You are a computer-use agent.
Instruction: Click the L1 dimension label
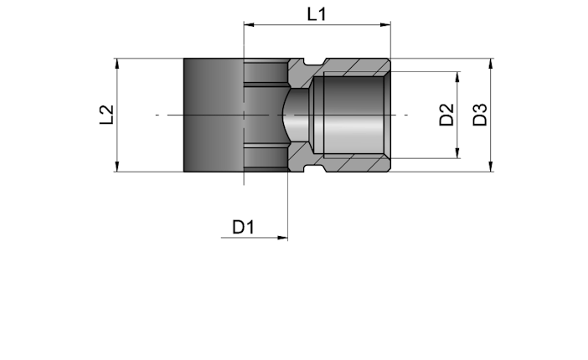pos(317,14)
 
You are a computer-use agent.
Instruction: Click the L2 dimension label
pos(106,115)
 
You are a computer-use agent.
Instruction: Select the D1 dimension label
pos(244,227)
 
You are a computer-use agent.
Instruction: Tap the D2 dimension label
pos(446,115)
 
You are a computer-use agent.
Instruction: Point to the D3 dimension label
pos(480,115)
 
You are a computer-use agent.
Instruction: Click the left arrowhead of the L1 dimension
pos(249,25)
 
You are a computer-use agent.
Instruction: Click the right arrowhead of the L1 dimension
pos(385,25)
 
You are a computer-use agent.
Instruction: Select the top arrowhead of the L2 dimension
pos(117,64)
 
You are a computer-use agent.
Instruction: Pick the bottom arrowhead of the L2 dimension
pos(117,167)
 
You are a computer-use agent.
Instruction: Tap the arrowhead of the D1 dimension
pos(282,238)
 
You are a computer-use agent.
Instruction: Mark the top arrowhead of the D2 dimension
pos(457,77)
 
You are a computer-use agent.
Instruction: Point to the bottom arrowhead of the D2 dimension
pos(457,153)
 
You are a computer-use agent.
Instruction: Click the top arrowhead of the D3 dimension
pos(491,64)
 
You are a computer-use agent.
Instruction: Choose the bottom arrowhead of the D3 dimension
pos(491,167)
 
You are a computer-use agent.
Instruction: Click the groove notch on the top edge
pos(314,62)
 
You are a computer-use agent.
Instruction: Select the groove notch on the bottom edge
pos(314,168)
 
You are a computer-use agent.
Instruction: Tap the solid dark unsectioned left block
pos(214,116)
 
